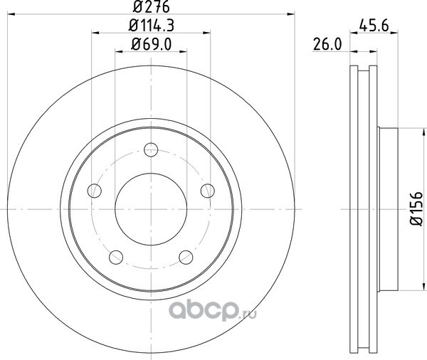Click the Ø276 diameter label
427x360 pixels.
152,7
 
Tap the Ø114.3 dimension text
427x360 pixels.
152,26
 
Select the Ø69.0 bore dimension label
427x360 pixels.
152,44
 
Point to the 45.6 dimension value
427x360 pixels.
374,26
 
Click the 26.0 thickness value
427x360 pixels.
327,44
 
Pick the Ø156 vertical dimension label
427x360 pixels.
416,208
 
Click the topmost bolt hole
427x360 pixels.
151,149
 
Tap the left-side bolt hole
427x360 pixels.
95,191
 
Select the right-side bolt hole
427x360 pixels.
208,191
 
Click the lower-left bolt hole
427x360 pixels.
116,257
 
